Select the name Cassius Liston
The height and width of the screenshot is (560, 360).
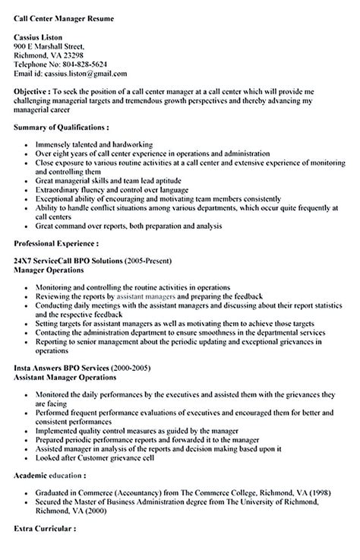[43, 36]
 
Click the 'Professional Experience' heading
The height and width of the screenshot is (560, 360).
[56, 243]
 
